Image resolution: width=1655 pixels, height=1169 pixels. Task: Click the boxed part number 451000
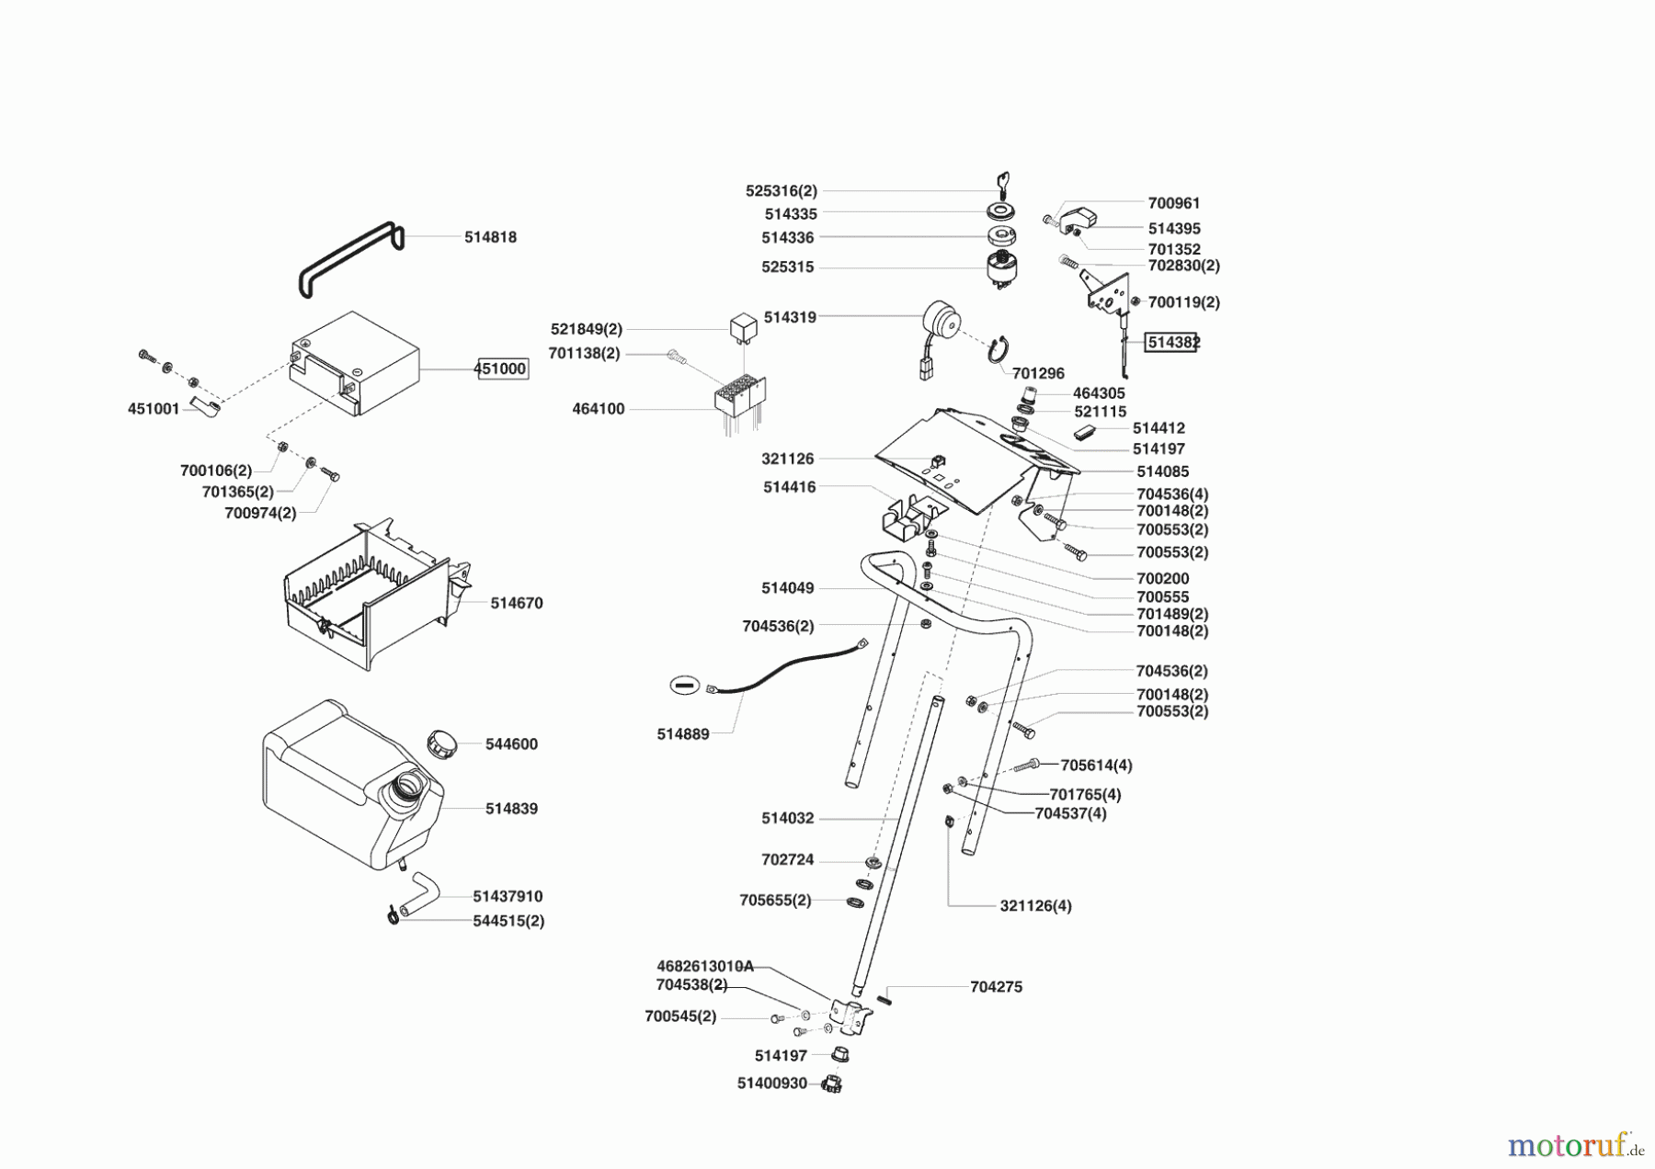(x=501, y=369)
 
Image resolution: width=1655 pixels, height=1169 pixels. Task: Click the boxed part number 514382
(x=1172, y=342)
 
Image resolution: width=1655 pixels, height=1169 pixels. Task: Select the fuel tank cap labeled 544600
(x=442, y=743)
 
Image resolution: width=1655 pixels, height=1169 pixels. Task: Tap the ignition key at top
(x=1003, y=184)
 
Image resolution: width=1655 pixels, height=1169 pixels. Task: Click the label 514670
(x=516, y=603)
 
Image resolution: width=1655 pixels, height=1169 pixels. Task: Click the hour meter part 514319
(x=940, y=323)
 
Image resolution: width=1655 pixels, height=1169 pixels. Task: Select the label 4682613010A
(x=704, y=966)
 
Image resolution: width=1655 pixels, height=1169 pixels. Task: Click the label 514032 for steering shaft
(x=787, y=818)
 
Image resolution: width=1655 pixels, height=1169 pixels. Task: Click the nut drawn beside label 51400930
(x=833, y=1084)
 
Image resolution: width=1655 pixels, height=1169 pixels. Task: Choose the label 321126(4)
(x=1035, y=905)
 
